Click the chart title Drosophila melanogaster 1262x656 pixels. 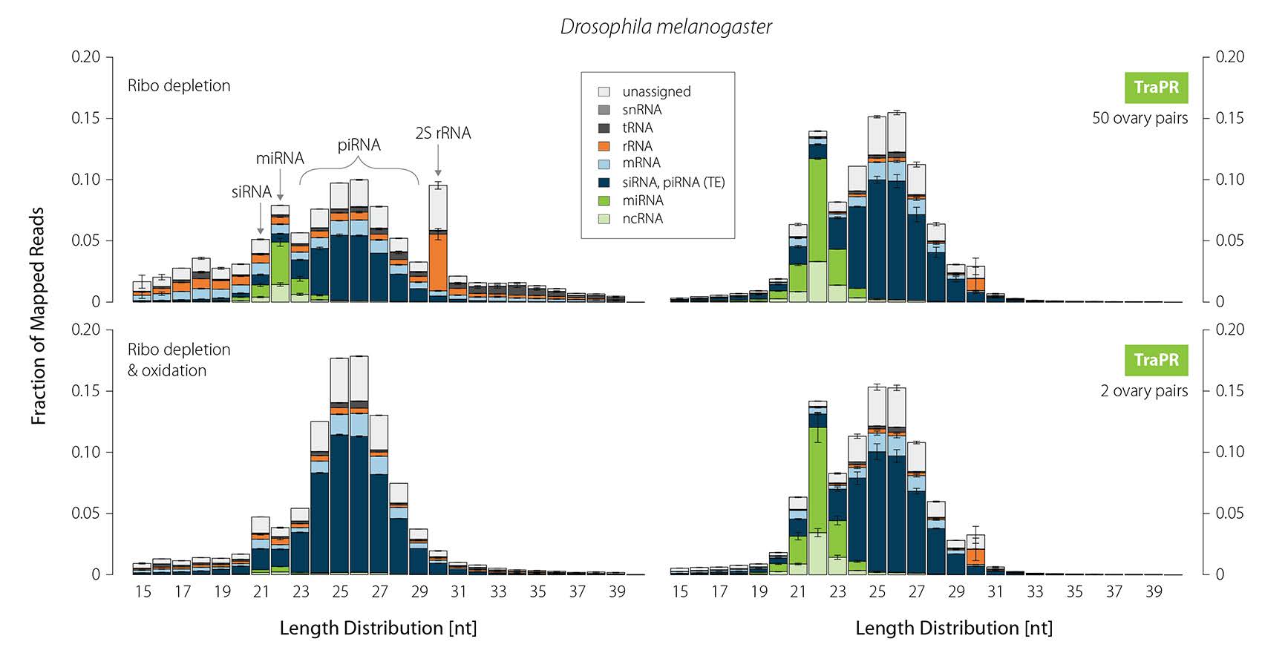click(666, 27)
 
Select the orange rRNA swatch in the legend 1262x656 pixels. click(604, 146)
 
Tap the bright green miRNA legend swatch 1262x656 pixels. click(604, 200)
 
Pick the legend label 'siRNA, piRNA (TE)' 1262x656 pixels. click(673, 182)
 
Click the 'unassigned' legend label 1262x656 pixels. click(656, 91)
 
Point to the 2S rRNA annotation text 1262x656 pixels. click(442, 133)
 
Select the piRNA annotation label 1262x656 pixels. click(359, 145)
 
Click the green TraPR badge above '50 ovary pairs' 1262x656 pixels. click(1156, 88)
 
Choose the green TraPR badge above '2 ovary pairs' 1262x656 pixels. click(1156, 360)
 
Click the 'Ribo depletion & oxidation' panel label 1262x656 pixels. click(179, 360)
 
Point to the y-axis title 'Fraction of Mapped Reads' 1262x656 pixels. click(38, 315)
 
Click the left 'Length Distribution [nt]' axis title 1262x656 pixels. click(378, 628)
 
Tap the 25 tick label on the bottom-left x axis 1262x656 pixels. click(340, 591)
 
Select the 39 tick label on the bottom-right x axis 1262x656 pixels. click(1153, 591)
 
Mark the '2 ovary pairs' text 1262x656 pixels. click(1143, 391)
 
